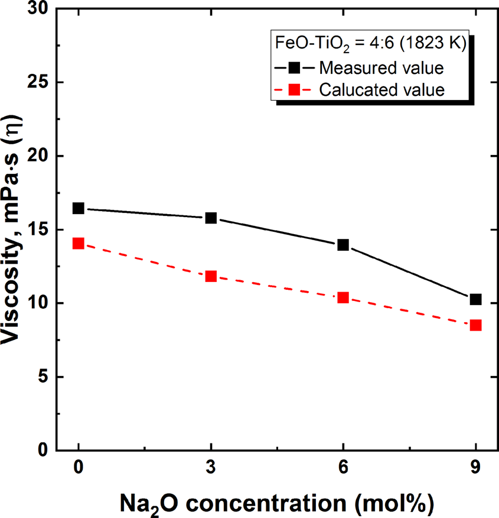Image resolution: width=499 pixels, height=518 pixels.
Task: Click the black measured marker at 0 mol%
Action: [x=79, y=208]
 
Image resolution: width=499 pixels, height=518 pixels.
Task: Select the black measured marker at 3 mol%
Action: [x=211, y=218]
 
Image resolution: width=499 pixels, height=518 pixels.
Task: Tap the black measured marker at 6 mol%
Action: [x=343, y=245]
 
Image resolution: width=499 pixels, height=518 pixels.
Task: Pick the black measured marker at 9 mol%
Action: [x=475, y=299]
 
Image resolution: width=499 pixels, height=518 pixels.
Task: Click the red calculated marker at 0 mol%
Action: [x=79, y=243]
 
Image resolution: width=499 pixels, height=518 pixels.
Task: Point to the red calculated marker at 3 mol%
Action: [x=211, y=276]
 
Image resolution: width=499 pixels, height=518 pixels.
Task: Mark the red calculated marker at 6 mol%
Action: [x=343, y=297]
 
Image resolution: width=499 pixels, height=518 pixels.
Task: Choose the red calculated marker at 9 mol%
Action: [x=475, y=325]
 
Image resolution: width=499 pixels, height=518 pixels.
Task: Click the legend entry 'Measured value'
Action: [x=381, y=68]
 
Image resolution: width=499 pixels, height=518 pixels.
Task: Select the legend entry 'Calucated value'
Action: [x=381, y=90]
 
